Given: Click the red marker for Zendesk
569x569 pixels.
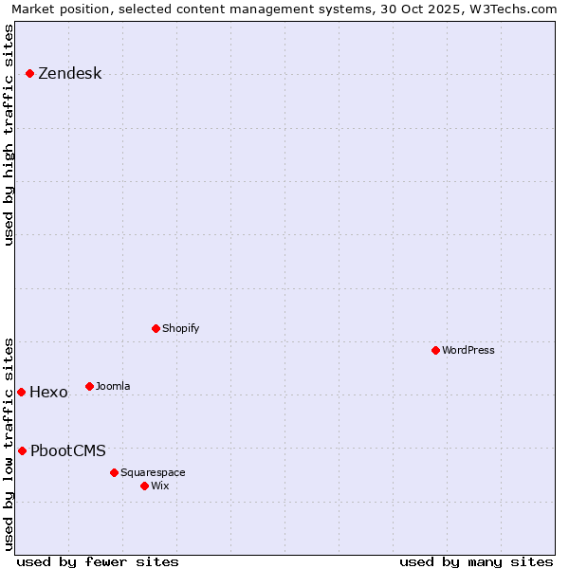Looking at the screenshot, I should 29,73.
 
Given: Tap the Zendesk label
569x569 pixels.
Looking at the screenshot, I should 69,74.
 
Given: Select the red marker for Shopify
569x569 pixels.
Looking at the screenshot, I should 156,328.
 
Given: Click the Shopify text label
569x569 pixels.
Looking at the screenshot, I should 180,328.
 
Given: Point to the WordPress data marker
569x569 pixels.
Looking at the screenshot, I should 435,350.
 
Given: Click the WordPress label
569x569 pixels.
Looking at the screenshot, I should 468,350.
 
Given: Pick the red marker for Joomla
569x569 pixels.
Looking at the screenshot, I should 89,386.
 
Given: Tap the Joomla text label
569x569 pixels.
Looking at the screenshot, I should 112,386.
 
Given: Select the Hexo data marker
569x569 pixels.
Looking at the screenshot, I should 21,392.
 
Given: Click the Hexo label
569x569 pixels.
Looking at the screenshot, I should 48,393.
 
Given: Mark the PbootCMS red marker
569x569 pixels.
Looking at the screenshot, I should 22,450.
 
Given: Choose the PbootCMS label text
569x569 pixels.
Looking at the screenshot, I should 67,451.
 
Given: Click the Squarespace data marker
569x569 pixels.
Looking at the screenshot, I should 114,472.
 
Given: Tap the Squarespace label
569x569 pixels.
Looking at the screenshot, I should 153,472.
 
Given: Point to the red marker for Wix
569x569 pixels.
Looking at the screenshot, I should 144,486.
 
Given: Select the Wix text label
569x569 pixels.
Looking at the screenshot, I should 159,486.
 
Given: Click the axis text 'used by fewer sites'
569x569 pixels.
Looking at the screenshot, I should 98,561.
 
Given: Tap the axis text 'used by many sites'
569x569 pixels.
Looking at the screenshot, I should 476,561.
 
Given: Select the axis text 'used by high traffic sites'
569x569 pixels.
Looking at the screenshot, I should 9,135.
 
